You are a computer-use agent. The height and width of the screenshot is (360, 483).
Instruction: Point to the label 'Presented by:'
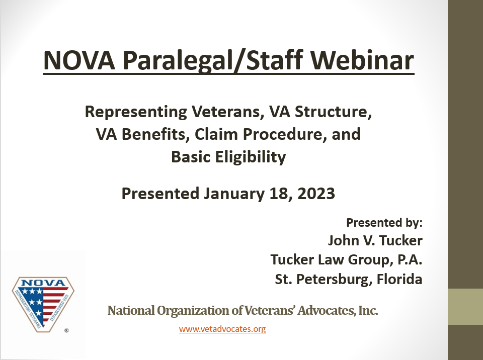coord(384,222)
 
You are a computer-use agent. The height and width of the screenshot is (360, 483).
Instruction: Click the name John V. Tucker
coord(375,240)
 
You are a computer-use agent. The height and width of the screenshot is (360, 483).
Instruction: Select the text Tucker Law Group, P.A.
coord(346,260)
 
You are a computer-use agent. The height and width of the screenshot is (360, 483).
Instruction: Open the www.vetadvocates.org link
coord(222,329)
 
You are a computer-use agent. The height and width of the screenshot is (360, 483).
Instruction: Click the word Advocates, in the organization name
coord(307,311)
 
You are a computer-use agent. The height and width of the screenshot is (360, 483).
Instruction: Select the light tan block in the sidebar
coord(465,307)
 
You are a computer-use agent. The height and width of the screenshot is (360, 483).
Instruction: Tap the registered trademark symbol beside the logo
coord(66,331)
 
